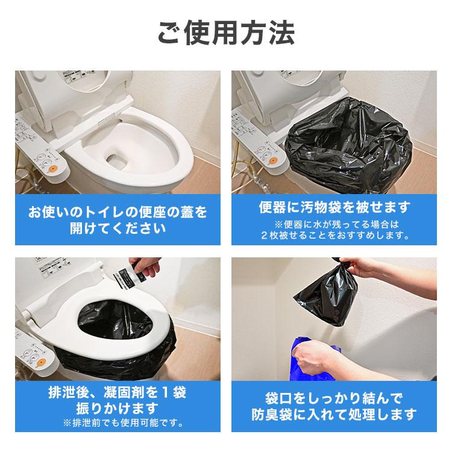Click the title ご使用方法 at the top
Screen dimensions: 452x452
(226, 34)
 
